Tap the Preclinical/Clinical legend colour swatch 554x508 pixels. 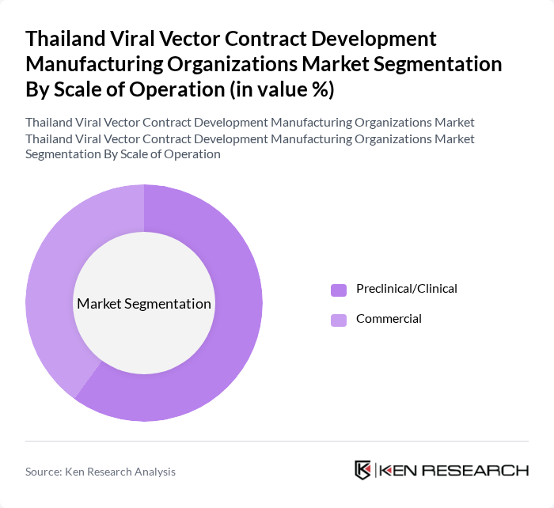[339, 290]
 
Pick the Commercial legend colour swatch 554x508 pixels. [339, 320]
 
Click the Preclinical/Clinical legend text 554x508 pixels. [406, 289]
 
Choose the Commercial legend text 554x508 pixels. [389, 319]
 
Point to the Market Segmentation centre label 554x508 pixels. [144, 304]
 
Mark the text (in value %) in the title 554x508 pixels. [281, 90]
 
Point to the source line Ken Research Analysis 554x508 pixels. [122, 472]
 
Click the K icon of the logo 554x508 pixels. [362, 470]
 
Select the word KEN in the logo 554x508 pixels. [398, 470]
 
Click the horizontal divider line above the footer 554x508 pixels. [277, 441]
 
